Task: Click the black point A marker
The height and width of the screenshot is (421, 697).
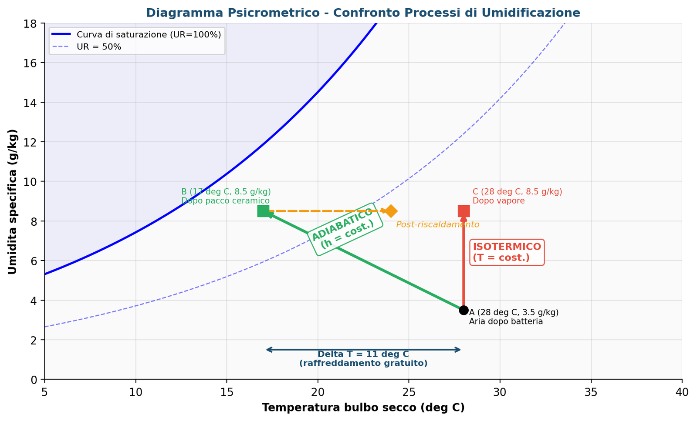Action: [x=464, y=310]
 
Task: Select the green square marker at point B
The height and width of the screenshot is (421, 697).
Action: [x=263, y=211]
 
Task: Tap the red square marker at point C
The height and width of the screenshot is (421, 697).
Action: [x=464, y=211]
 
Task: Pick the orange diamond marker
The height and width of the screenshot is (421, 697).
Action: [x=391, y=211]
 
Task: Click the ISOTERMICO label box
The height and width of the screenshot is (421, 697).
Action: [x=507, y=252]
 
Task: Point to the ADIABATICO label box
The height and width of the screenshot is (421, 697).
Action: [x=345, y=229]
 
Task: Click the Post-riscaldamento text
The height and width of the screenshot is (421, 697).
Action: [x=437, y=224]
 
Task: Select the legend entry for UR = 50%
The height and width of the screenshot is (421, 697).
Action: [x=99, y=47]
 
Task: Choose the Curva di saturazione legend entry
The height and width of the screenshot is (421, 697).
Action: [x=149, y=34]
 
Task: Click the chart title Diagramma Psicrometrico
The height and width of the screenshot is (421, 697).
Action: [x=363, y=13]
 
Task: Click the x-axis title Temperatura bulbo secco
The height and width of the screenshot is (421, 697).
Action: [x=363, y=408]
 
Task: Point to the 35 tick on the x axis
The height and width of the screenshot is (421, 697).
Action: [x=591, y=392]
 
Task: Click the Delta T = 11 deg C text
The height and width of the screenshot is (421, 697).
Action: [x=363, y=354]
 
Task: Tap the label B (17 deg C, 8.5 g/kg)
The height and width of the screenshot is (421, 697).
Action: [x=226, y=192]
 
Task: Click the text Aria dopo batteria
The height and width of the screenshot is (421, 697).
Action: [x=506, y=321]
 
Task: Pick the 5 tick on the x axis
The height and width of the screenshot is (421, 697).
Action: [x=44, y=392]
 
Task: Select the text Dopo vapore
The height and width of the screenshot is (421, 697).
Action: [x=498, y=200]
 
